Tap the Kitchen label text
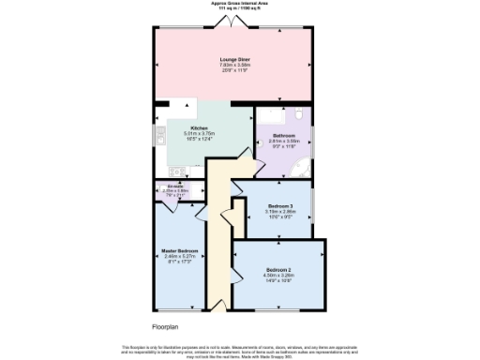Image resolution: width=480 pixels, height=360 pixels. (199, 127)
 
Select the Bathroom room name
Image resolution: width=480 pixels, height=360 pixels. (284, 135)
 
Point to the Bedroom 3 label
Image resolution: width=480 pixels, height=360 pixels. (280, 205)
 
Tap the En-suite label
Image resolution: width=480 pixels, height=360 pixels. (174, 186)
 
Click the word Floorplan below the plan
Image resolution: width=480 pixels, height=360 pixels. (165, 325)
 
